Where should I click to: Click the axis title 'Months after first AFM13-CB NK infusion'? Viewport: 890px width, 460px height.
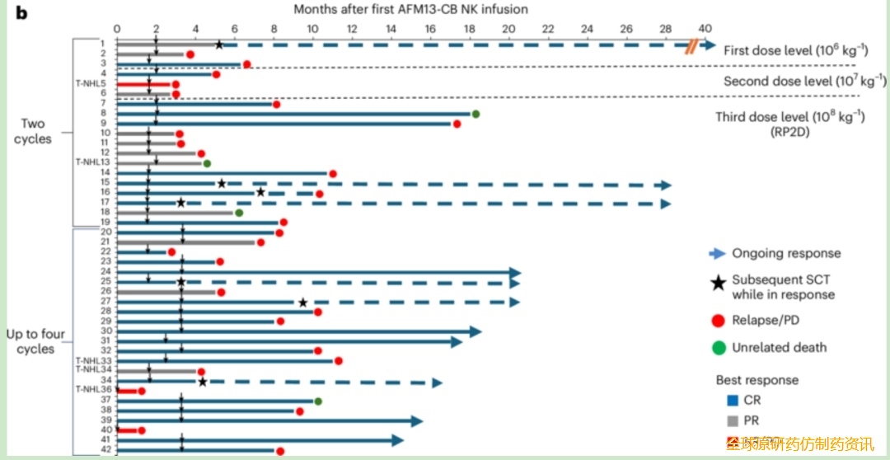pyautogui.click(x=411, y=9)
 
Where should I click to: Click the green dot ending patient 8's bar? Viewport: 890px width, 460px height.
pyautogui.click(x=475, y=114)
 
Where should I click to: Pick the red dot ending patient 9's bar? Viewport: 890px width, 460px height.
pyautogui.click(x=456, y=124)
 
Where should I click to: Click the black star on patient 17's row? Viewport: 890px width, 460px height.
pyautogui.click(x=181, y=203)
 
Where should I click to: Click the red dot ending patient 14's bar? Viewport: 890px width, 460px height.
pyautogui.click(x=333, y=173)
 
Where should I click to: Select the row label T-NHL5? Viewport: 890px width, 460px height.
pyautogui.click(x=90, y=84)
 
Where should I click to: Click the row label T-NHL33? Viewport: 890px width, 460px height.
pyautogui.click(x=92, y=360)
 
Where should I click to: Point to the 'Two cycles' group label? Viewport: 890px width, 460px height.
pyautogui.click(x=33, y=132)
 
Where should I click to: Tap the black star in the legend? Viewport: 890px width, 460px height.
pyautogui.click(x=718, y=284)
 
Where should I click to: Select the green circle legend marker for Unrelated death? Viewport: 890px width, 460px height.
pyautogui.click(x=718, y=348)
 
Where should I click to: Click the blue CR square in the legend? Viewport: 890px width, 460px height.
pyautogui.click(x=732, y=401)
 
